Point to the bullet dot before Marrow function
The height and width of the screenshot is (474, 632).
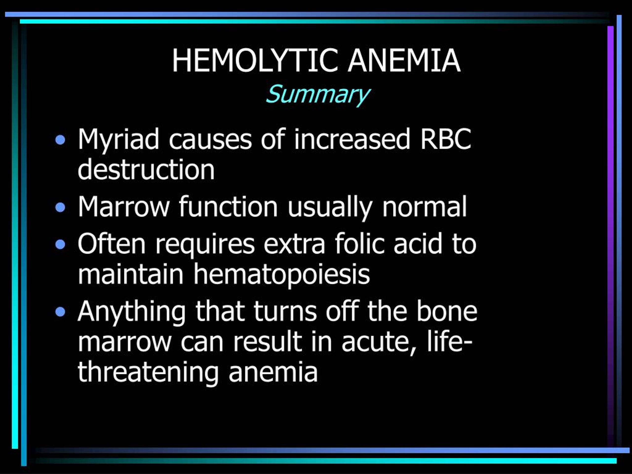[x=60, y=207]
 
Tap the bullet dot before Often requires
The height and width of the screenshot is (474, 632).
[x=60, y=244]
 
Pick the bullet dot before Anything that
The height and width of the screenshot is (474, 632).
[x=60, y=312]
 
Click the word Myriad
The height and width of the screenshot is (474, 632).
[x=118, y=140]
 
